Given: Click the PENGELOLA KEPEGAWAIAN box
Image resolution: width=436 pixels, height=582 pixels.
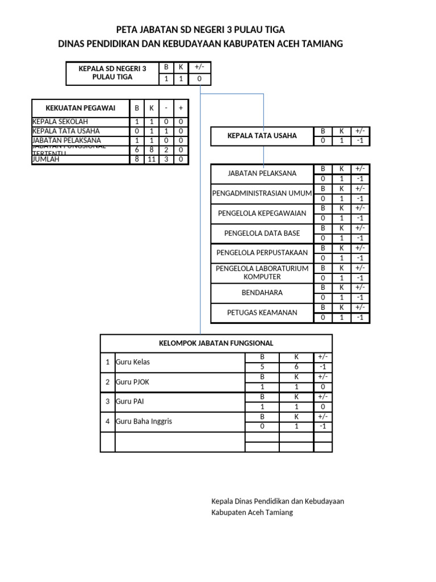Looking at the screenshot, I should coord(262,214).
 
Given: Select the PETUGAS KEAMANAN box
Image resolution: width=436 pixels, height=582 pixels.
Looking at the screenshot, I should coord(262,313).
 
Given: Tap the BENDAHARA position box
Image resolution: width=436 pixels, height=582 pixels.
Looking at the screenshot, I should coord(262,293).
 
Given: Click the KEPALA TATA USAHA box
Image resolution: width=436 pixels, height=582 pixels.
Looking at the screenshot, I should coord(262,136).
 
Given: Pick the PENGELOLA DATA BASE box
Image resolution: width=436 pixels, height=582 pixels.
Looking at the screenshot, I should coord(262,234).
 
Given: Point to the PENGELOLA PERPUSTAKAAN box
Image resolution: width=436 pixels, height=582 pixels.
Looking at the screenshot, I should coord(262,253).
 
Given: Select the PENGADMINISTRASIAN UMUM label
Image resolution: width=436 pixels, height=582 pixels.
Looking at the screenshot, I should coord(262,194).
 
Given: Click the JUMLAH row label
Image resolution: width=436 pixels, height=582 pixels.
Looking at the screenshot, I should coord(46,160).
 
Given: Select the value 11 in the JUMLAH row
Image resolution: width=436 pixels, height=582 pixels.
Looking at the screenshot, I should coord(152,160).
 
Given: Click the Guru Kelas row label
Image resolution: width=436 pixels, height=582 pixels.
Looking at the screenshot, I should coord(133,362).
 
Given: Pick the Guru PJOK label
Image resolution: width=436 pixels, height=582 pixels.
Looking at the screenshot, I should coord(133,382).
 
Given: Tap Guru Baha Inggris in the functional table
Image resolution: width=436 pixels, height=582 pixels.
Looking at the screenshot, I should coord(144,422).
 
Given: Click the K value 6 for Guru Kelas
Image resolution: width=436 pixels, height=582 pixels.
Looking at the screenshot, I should coord(296,367).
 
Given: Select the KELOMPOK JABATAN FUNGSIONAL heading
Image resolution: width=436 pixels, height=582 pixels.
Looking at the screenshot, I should coord(216,343).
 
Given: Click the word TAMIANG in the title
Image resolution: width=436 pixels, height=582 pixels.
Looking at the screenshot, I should coord(324,44).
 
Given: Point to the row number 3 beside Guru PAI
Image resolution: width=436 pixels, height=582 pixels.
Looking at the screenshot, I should coord(107,402).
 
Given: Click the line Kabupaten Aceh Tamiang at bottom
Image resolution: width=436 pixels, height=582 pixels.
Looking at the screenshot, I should coord(251,513).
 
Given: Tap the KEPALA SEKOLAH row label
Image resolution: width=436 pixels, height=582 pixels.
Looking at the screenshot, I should coord(60,122).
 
